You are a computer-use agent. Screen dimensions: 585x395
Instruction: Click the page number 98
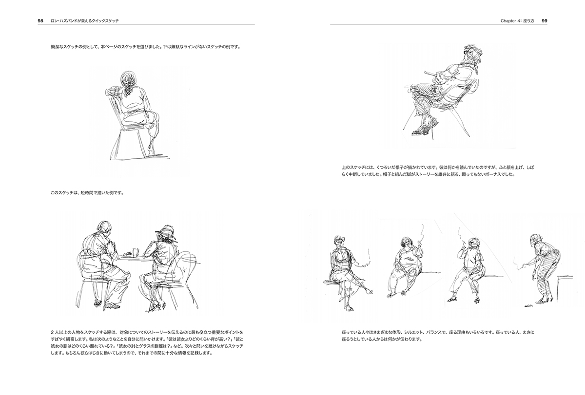40,21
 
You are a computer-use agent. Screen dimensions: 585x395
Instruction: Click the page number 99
545,21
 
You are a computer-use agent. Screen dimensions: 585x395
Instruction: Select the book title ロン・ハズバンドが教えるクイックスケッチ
85,21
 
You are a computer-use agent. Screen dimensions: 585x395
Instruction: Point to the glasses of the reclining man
469,53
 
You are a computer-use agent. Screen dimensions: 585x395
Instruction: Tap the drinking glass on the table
136,252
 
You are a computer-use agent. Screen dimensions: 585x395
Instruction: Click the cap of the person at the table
163,230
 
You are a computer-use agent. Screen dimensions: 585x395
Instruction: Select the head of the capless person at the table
104,229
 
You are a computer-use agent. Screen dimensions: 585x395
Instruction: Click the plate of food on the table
128,254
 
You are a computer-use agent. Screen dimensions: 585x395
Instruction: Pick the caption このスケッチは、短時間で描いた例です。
87,193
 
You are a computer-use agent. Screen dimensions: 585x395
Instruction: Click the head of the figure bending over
535,238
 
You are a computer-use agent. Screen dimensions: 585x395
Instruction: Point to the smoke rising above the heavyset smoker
421,233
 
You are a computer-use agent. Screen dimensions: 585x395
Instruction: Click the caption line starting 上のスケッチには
438,167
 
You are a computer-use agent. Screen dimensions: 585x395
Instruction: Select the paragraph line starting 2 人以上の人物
147,332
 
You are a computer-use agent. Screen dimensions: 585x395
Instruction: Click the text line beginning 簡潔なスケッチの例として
145,47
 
